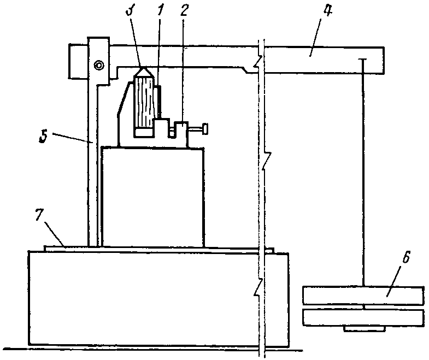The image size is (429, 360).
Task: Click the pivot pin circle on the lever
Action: [99, 66]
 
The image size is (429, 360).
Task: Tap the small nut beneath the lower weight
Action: [363, 329]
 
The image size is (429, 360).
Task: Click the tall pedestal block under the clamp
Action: [154, 197]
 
